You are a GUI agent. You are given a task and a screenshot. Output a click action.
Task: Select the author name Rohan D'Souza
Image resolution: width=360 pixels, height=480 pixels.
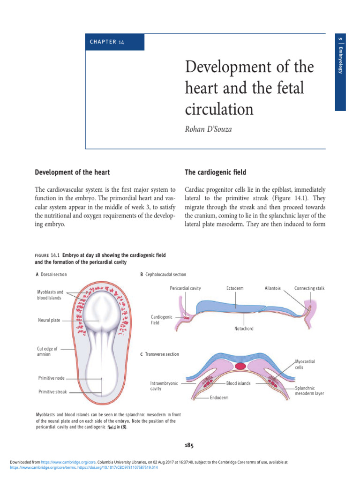tap(209, 128)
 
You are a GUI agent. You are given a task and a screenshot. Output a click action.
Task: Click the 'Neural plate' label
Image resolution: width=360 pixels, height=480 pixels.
tap(49, 320)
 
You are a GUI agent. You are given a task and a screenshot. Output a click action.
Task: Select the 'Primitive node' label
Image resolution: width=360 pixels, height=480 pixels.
tap(51, 378)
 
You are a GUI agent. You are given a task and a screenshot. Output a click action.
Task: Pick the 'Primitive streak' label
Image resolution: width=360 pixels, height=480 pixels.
tap(52, 392)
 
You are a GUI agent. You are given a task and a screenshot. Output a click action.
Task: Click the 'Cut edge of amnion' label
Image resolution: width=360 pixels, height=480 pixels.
tap(47, 352)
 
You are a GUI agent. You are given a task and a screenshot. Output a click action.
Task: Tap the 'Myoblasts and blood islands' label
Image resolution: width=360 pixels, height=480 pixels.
tap(50, 295)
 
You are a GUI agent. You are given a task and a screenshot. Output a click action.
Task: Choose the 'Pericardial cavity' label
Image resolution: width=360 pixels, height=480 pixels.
tap(185, 288)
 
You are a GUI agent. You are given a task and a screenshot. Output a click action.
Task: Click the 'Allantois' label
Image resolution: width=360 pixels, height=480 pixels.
tap(272, 288)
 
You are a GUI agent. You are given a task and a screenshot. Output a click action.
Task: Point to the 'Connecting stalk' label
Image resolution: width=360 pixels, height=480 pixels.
tap(309, 288)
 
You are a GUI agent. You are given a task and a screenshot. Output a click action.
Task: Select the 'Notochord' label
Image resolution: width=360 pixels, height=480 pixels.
tap(244, 329)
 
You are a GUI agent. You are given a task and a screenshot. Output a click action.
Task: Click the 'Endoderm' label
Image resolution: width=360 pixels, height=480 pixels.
tap(219, 397)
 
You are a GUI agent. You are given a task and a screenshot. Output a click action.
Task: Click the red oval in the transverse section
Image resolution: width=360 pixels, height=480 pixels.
tap(241, 365)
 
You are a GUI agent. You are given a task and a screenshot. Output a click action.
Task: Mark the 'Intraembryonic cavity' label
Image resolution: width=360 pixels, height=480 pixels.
tap(164, 386)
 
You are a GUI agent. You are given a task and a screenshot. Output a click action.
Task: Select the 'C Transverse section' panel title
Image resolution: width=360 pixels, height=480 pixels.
tap(160, 354)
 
